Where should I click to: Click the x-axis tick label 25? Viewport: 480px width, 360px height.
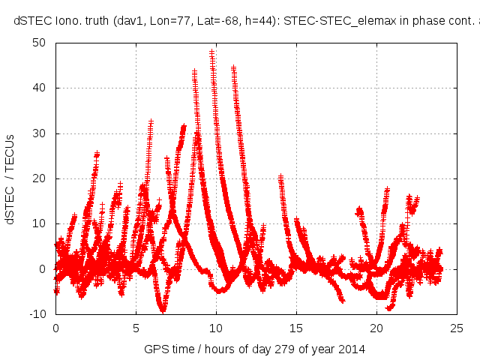[457, 328]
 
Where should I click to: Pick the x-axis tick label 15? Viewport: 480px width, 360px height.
[296, 328]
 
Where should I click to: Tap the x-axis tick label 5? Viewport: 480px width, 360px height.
[136, 328]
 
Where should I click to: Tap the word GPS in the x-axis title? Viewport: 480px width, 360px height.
[154, 349]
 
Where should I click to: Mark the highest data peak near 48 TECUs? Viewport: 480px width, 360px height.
[212, 52]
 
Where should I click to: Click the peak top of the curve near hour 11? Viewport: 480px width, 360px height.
[234, 67]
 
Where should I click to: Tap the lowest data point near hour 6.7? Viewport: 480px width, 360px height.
[163, 308]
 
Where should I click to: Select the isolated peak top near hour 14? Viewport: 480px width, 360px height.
[280, 177]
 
